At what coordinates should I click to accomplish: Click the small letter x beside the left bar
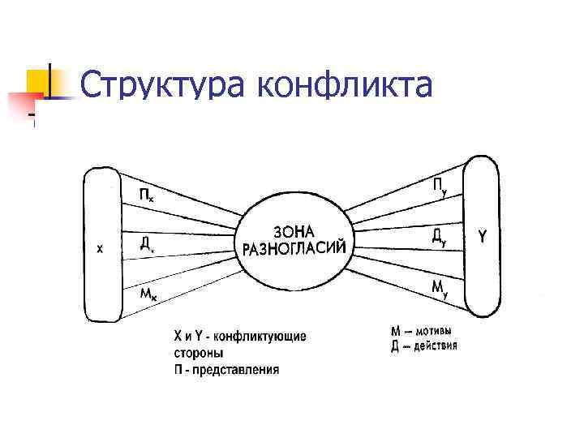[x=100, y=250]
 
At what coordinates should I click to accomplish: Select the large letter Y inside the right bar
[x=483, y=237]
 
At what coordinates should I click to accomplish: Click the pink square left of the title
[x=23, y=104]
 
